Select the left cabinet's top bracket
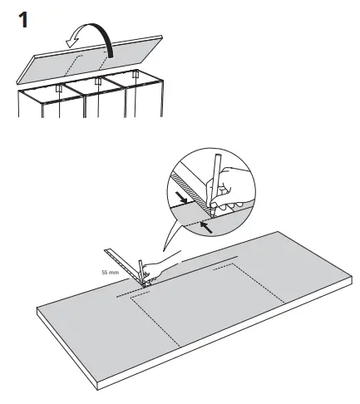tap(59, 87)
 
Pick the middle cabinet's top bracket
tap(99, 81)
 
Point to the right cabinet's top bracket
tap(135, 73)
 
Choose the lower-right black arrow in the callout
tap(208, 224)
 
